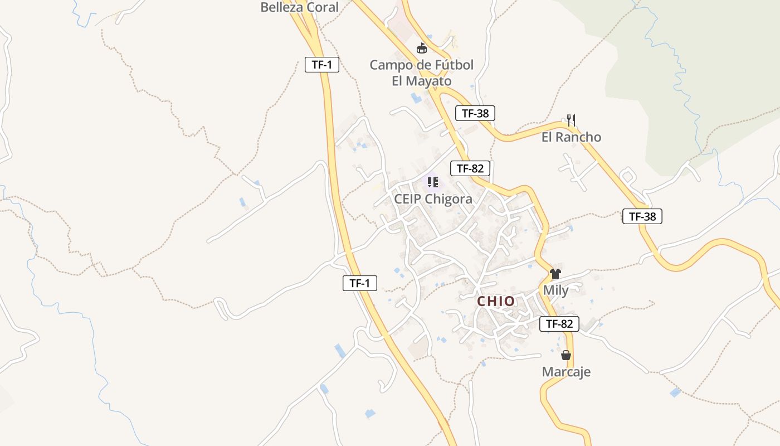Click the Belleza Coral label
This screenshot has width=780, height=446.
[x=300, y=7]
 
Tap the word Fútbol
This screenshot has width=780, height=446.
[x=447, y=65]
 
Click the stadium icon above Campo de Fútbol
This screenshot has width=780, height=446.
[x=422, y=49]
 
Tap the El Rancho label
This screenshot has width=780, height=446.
[x=571, y=137]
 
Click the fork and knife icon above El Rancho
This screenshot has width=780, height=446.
[x=571, y=120]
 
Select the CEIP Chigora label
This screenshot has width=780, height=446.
[x=433, y=199]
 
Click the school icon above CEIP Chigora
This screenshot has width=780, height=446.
[x=433, y=182]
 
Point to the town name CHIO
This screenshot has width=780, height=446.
[x=496, y=302]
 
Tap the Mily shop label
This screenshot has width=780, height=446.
[x=555, y=290]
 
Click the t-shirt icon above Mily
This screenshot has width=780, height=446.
[x=555, y=274]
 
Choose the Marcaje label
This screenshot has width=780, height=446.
[x=566, y=372]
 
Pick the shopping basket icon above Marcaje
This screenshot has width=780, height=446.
[x=566, y=355]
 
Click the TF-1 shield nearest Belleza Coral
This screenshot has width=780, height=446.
[x=322, y=65]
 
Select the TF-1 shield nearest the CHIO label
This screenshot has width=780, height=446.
[x=359, y=283]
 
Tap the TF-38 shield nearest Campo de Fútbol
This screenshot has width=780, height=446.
[x=475, y=113]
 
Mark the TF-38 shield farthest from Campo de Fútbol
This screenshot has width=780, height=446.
[x=642, y=216]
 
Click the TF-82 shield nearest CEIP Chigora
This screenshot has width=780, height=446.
[x=470, y=168]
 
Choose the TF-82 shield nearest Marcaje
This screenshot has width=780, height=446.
[x=559, y=323]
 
